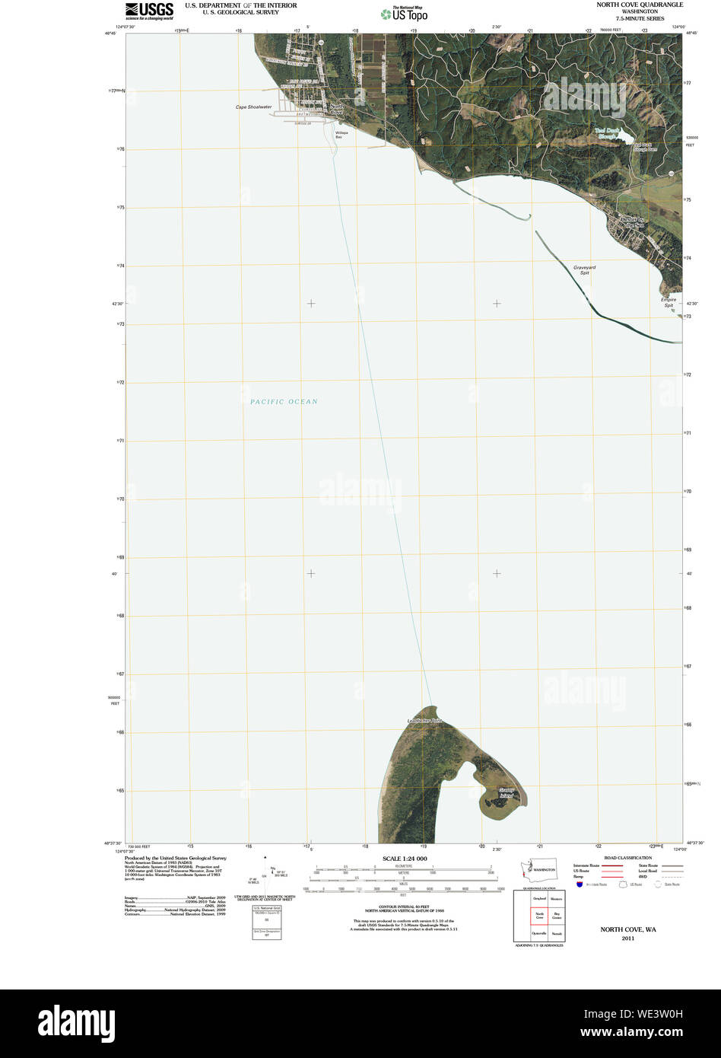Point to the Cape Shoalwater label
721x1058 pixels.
pos(253,107)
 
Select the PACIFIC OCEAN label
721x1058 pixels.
pos(284,402)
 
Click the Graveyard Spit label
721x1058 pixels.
pos(584,269)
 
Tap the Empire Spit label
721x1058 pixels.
pos(668,302)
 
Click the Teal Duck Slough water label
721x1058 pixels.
pos(611,135)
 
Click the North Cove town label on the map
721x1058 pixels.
pos(336,109)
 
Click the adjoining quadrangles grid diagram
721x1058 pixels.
pos(538,916)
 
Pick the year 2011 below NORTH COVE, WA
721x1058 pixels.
pos(627,938)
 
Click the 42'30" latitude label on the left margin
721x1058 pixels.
pos(118,304)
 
